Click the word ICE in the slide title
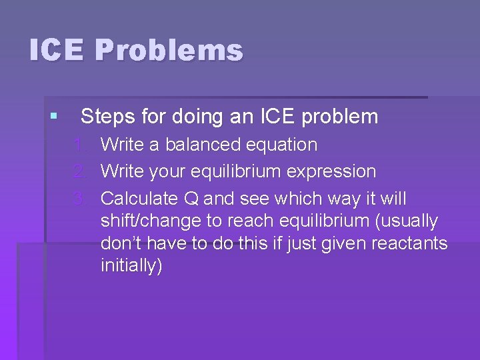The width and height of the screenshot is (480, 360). point(56,51)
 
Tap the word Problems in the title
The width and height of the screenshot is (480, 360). point(169,51)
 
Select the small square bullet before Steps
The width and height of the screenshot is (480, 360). point(53,117)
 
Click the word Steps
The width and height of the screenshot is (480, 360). point(108,117)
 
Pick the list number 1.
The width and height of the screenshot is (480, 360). point(81,145)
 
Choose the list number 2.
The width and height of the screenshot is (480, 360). point(81,172)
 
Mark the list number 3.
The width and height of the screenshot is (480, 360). point(81,199)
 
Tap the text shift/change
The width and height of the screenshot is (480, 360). point(146,221)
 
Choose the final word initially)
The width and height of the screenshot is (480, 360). point(131,266)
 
